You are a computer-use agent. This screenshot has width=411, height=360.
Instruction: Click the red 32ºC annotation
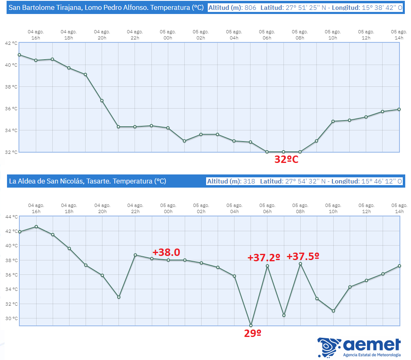(x=286, y=159)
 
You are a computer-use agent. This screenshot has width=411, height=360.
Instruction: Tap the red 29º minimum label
(x=253, y=333)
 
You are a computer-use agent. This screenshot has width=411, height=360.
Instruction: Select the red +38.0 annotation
(x=166, y=252)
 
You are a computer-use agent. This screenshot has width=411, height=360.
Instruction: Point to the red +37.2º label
(x=264, y=258)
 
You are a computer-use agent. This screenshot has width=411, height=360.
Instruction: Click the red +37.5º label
(x=303, y=256)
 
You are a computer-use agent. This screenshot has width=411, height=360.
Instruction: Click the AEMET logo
(x=359, y=347)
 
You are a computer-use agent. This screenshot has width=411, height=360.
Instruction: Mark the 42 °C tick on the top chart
(x=11, y=43)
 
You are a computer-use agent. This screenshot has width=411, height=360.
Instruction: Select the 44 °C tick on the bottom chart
(x=12, y=217)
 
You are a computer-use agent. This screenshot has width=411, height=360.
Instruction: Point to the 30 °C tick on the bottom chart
(x=12, y=318)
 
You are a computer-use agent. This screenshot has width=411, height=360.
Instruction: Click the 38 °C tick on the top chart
(x=11, y=87)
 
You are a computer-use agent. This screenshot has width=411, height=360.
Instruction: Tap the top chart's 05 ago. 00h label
(x=168, y=35)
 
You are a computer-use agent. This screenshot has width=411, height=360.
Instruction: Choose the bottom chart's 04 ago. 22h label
(x=135, y=208)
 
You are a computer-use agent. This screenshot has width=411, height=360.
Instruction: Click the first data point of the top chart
(x=19, y=55)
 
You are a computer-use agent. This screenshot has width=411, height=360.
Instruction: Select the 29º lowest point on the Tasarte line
(x=251, y=325)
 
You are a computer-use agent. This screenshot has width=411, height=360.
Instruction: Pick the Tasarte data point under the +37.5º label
(x=300, y=264)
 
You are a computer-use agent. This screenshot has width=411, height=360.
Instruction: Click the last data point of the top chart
(x=399, y=109)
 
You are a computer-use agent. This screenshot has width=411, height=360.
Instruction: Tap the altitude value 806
(x=250, y=7)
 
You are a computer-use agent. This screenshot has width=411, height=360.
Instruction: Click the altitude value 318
(x=249, y=181)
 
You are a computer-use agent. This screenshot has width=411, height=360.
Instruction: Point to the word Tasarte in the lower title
(x=99, y=181)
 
